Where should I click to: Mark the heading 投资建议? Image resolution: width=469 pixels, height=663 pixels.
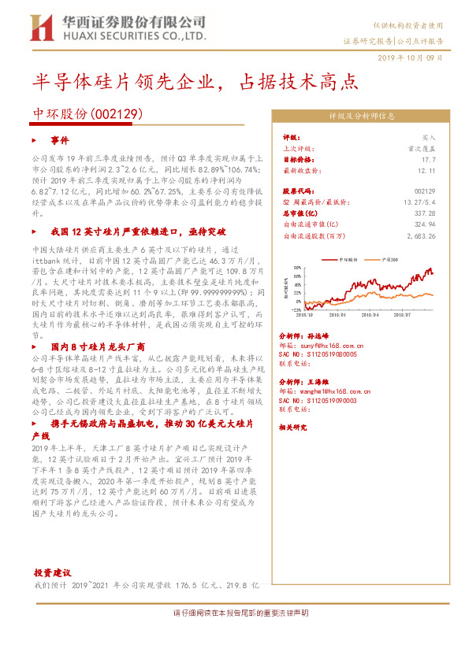[x=52, y=572]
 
